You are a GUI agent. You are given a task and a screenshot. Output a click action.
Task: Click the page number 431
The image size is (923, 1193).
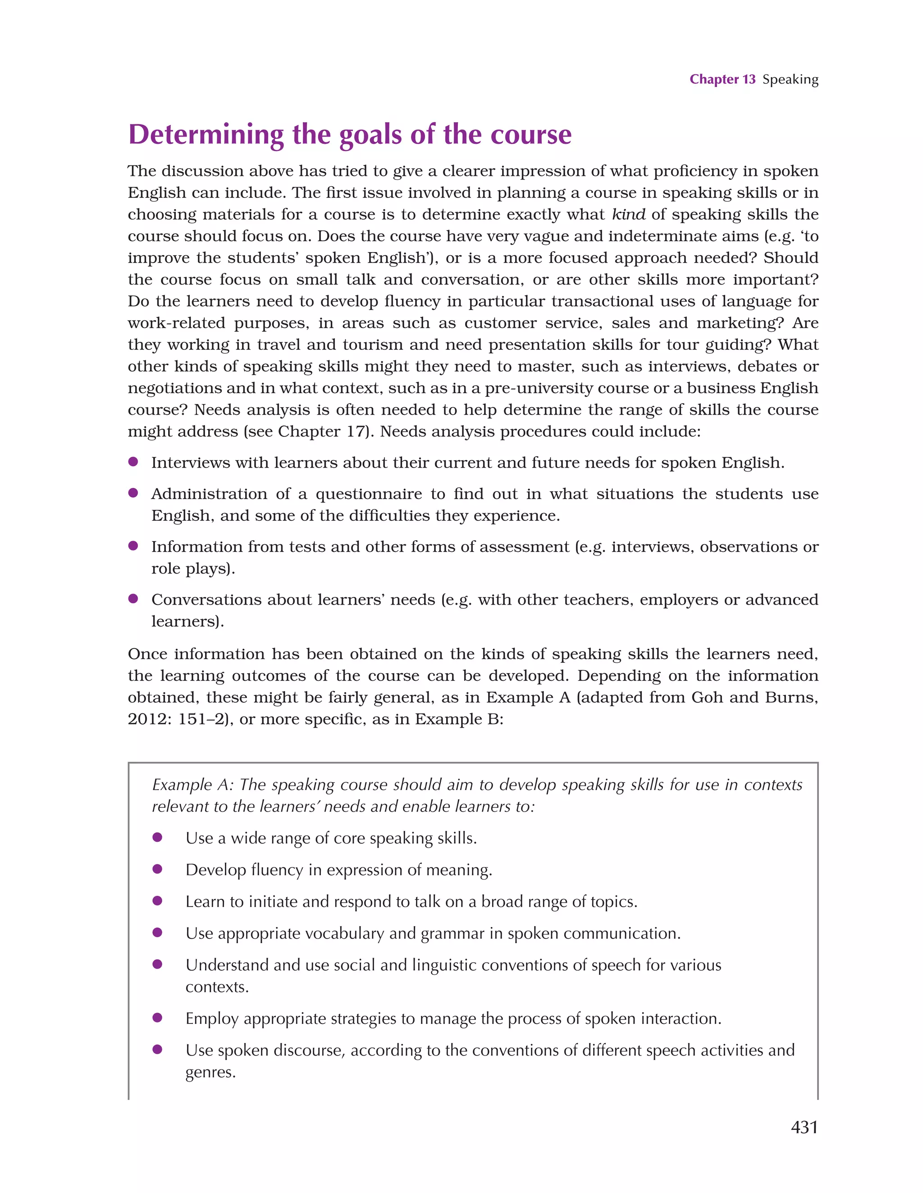pos(804,1127)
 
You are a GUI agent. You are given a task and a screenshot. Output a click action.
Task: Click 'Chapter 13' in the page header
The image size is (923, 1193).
pos(722,79)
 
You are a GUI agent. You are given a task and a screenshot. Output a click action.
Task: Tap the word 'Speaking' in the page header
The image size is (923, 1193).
pos(790,80)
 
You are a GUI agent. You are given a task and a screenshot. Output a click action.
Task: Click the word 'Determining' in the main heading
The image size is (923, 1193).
pos(206,134)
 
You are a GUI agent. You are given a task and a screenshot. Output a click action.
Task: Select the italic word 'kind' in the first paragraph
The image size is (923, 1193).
pos(628,214)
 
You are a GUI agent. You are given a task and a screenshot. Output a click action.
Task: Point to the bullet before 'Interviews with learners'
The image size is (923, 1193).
pos(133,462)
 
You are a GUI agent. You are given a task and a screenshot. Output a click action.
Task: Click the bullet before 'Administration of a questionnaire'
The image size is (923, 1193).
pos(133,493)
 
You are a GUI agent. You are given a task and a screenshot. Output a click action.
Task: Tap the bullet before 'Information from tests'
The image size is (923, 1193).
pos(133,546)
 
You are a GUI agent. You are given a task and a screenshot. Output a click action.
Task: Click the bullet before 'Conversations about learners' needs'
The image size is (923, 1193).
pos(133,599)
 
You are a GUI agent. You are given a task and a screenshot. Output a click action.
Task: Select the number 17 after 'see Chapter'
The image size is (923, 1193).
pos(358,431)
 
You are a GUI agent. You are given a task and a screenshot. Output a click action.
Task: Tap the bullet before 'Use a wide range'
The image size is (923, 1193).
pos(157,837)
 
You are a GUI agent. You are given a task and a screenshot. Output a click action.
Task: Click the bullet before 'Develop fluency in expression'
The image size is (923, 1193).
pos(157,869)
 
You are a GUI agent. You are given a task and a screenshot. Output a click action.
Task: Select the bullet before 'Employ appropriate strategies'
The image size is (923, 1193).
pos(157,1018)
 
